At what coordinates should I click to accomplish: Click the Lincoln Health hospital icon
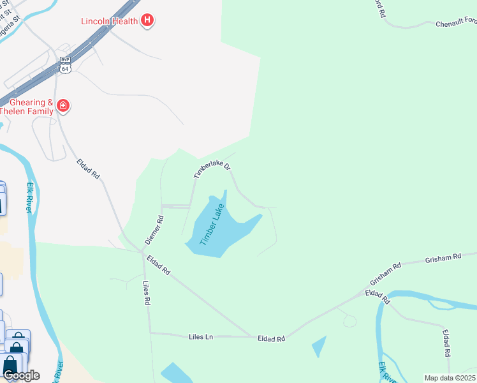click(x=147, y=21)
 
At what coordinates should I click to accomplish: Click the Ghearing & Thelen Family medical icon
click(x=63, y=106)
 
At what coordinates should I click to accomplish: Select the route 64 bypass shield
click(x=65, y=64)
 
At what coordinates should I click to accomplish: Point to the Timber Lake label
click(x=213, y=225)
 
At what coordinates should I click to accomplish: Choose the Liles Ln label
click(x=204, y=336)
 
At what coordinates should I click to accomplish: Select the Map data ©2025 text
click(x=450, y=378)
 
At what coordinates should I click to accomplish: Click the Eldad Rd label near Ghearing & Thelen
click(x=89, y=168)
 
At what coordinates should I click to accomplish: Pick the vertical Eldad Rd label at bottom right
click(x=447, y=343)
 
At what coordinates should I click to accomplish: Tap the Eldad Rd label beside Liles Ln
click(x=271, y=339)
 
